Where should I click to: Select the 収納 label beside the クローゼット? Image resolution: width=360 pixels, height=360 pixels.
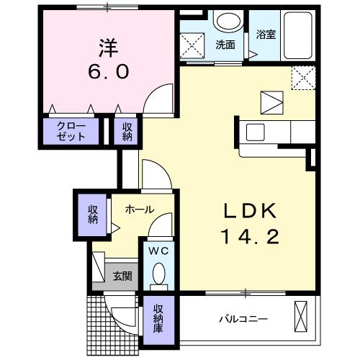(x=127, y=132)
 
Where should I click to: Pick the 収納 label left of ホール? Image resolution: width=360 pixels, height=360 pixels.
(x=93, y=213)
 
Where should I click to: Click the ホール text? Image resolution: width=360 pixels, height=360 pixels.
(x=139, y=209)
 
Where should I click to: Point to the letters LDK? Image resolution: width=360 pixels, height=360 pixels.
(x=249, y=210)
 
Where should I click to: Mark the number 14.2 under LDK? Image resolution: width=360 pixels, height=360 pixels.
(x=249, y=236)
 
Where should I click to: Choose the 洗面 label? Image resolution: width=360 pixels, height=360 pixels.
(x=225, y=45)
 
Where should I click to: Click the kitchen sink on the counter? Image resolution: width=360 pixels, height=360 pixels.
(x=256, y=132)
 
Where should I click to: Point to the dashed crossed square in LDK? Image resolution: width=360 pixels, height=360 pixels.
(x=302, y=76)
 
